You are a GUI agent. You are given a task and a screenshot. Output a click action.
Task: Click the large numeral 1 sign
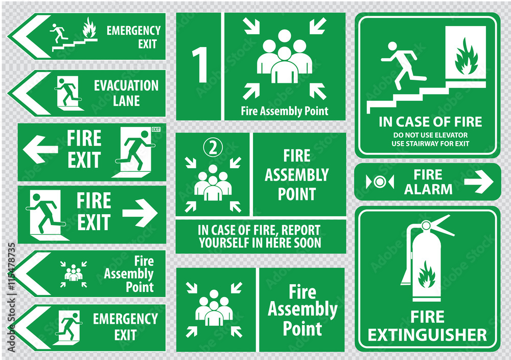(199, 66)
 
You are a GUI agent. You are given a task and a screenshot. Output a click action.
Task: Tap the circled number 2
(213, 147)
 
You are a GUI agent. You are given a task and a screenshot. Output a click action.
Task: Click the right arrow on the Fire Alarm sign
(478, 182)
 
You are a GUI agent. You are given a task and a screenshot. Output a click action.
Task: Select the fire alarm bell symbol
(380, 182)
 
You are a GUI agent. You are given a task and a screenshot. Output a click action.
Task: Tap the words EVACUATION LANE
(126, 93)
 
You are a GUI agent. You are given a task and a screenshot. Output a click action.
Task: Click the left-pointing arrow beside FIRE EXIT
(40, 150)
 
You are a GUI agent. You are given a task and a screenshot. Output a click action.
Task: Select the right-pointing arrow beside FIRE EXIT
(140, 214)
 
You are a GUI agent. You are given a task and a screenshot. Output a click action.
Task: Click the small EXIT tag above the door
(156, 129)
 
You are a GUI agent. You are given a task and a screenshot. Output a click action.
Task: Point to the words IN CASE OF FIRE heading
(430, 122)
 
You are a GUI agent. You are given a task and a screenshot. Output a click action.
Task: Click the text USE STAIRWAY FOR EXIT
(430, 143)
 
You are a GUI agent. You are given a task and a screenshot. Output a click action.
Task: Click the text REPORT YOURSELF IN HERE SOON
(260, 236)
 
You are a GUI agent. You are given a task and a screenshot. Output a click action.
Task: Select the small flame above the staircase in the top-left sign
(89, 28)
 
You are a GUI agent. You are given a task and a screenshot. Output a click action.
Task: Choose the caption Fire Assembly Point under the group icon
(284, 110)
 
